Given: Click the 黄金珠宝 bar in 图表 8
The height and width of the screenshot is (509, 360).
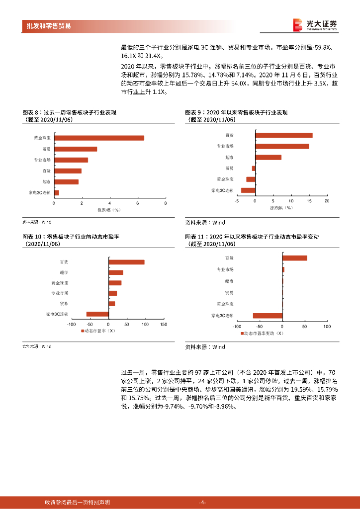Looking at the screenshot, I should pos(99,138).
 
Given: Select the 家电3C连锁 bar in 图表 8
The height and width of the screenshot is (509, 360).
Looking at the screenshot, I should pos(57,193).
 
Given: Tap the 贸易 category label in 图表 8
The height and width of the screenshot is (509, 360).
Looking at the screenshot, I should pos(46,149).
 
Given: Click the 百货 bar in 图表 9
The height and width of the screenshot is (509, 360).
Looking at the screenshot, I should pos(284,135).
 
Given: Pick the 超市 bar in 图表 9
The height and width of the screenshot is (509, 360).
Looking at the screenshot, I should pos(269,157).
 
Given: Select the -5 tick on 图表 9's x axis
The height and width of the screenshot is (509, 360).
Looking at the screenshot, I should pos(237,201).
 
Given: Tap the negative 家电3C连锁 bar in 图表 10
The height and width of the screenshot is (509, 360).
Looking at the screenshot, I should pos(97,314).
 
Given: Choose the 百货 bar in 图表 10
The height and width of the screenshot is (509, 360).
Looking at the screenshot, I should pos(127,262).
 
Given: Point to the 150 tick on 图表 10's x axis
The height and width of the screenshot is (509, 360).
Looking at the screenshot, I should pos(163,324).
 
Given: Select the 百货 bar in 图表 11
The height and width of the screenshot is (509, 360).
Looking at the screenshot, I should pos(294,258).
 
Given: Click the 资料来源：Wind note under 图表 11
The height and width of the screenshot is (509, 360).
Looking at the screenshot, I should pos(205,347).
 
